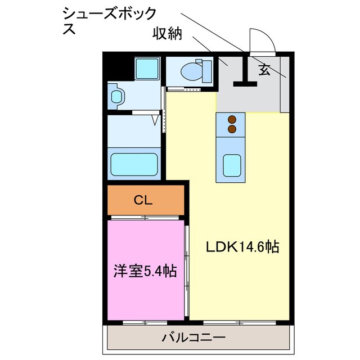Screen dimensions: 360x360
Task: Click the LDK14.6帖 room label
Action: pos(242,246)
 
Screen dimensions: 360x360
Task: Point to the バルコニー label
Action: pos(194,337)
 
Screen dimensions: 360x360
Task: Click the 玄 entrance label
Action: pos(264,70)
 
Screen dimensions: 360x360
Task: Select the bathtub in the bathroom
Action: pos(133,164)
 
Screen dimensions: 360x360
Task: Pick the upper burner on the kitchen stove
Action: pos(231,119)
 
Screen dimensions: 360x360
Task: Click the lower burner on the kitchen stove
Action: pos(231,129)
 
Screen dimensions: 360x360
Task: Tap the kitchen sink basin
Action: pos(231,165)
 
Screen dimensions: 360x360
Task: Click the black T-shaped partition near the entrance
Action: pos(244,76)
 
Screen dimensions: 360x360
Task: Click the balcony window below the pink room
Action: pos(144,322)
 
